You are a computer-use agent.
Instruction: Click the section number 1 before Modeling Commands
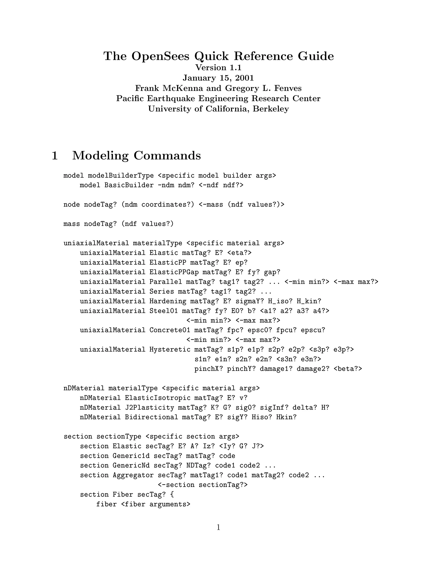55,156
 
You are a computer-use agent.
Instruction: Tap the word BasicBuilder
129,185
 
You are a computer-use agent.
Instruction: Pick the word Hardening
168,301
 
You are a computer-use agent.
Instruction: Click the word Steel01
164,311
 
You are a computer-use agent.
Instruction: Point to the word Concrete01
170,330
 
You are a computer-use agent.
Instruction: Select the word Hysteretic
170,349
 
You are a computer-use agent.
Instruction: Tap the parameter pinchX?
209,369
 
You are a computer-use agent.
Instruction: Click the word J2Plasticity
149,407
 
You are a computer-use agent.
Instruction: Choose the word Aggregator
133,475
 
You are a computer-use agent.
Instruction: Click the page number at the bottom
218,527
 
